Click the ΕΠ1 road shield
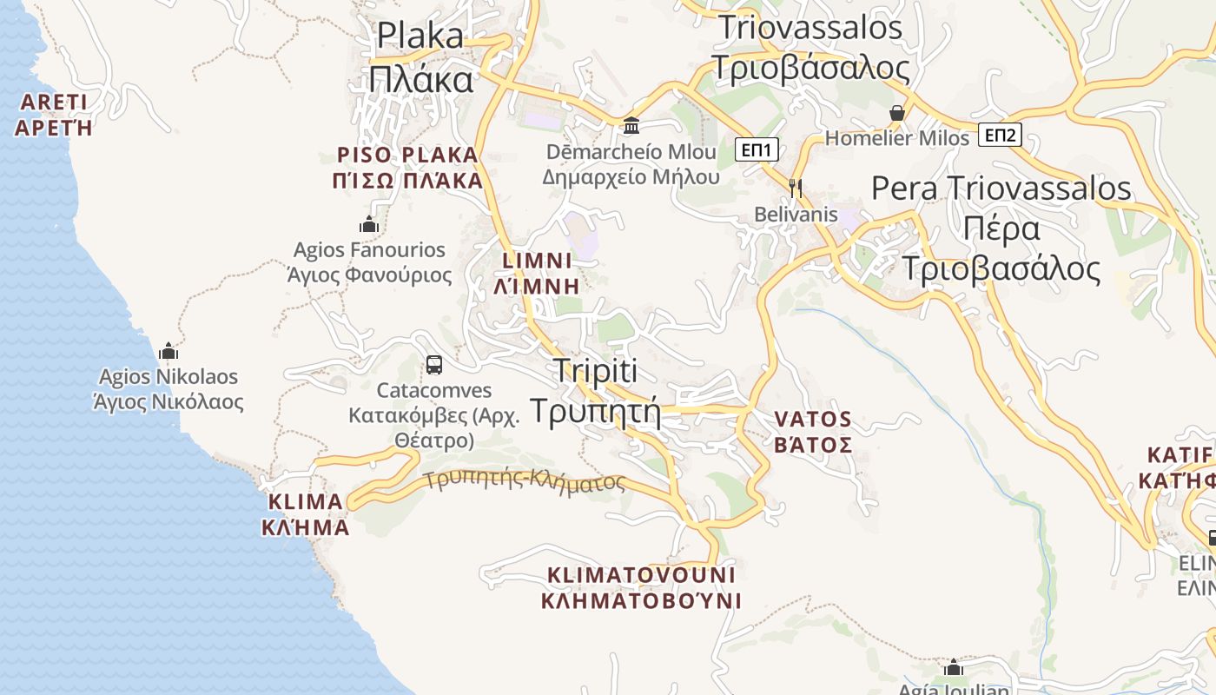[x=757, y=149]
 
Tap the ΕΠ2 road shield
[x=1000, y=135]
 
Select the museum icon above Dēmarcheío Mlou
[x=631, y=126]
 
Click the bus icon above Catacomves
[x=434, y=365]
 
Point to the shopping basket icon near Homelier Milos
[x=897, y=113]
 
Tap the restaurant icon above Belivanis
[x=795, y=188]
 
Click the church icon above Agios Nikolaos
[x=169, y=351]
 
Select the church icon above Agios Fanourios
[x=369, y=225]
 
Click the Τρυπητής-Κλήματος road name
[x=525, y=480]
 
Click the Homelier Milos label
[x=896, y=138]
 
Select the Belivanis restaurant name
[x=796, y=215]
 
